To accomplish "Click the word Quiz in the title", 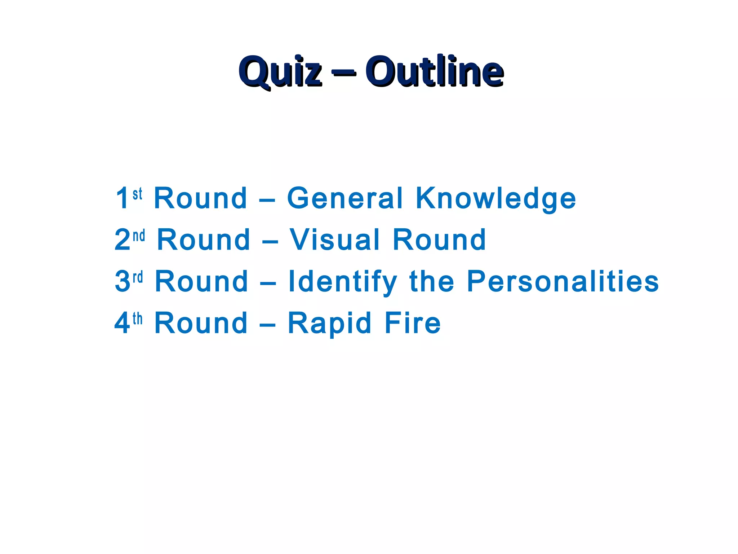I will pos(280,71).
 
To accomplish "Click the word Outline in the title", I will pos(434,71).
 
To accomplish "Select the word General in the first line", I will pos(345,198).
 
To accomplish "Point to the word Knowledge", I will pos(496,199).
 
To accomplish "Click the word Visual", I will pos(335,239).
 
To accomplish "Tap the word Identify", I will pos(343,282).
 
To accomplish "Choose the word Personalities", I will pos(563,281).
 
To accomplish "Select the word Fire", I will pos(413,323).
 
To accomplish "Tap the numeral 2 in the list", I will pos(122,239).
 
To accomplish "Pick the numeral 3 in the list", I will pos(122,281).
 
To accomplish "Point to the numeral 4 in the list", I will pos(122,323).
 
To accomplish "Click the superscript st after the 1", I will pos(137,194).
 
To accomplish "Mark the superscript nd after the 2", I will pos(139,236).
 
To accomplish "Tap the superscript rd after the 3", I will pos(138,277).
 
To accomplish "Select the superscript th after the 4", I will pos(138,319).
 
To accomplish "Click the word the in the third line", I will pos(432,281).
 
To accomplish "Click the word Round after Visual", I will pos(439,239).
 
